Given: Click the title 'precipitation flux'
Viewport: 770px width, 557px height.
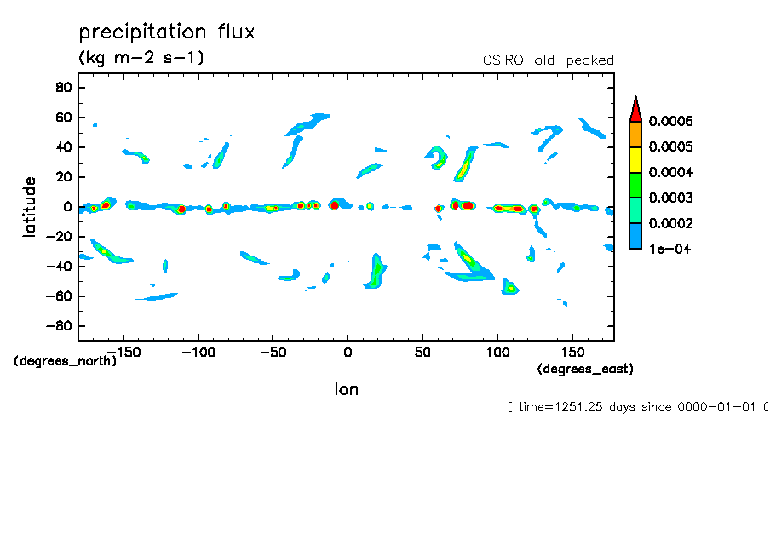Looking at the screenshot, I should (167, 32).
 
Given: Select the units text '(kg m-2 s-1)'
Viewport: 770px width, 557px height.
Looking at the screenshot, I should (141, 58).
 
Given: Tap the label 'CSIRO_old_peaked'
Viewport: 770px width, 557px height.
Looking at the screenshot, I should (549, 60).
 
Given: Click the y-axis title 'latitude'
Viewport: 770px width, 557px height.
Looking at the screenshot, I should (30, 206).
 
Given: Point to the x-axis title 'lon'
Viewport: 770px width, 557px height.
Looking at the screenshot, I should (346, 389).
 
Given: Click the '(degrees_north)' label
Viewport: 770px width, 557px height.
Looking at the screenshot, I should (66, 361).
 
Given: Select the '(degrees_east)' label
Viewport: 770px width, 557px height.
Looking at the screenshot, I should (585, 369).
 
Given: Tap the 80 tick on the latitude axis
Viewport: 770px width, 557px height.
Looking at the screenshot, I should (62, 87).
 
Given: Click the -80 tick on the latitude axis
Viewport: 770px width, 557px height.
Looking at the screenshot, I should (59, 326).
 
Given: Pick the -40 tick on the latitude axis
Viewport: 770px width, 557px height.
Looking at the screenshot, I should (59, 267).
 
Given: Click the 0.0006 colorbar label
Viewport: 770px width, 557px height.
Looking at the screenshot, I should (670, 122).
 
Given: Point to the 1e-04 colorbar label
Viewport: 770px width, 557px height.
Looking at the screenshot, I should (669, 250).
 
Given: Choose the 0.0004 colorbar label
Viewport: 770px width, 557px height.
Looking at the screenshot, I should (670, 173).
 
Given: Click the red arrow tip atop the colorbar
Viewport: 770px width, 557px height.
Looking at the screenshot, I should (635, 107).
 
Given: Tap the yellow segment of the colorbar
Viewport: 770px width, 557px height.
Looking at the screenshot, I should (635, 160).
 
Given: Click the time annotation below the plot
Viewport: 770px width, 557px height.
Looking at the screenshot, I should (637, 407).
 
